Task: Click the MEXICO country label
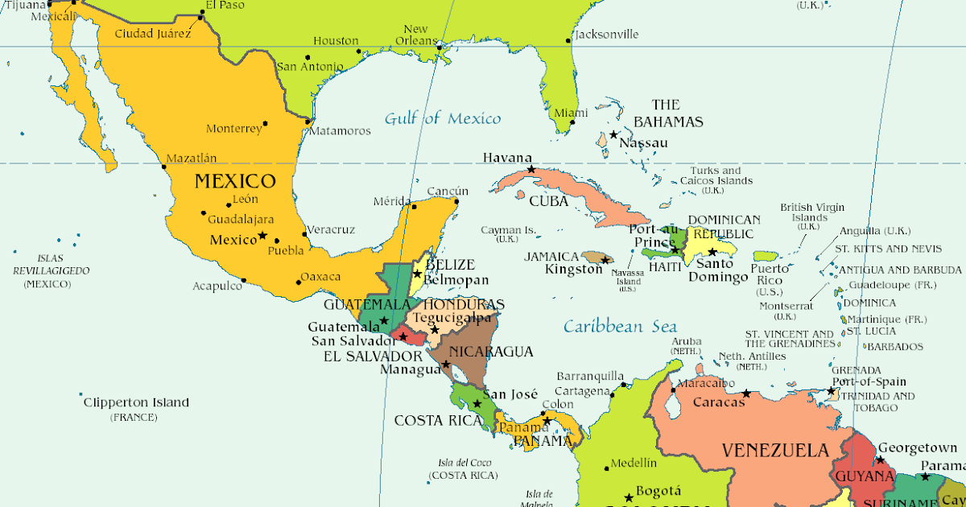(x=235, y=181)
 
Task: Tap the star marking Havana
(x=531, y=170)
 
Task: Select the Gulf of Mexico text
(x=442, y=119)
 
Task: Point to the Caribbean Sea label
(x=620, y=327)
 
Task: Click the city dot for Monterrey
(x=266, y=124)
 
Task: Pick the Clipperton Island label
(x=136, y=402)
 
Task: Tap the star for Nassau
(x=613, y=134)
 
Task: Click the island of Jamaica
(x=597, y=258)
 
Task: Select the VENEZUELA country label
(x=774, y=450)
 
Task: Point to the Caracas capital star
(x=746, y=394)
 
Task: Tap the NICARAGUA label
(x=491, y=352)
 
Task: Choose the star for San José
(x=477, y=403)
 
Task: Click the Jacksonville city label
(x=606, y=35)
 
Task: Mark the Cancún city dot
(x=456, y=201)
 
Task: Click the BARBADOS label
(x=895, y=347)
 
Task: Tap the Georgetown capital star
(x=880, y=460)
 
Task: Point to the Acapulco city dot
(x=244, y=281)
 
